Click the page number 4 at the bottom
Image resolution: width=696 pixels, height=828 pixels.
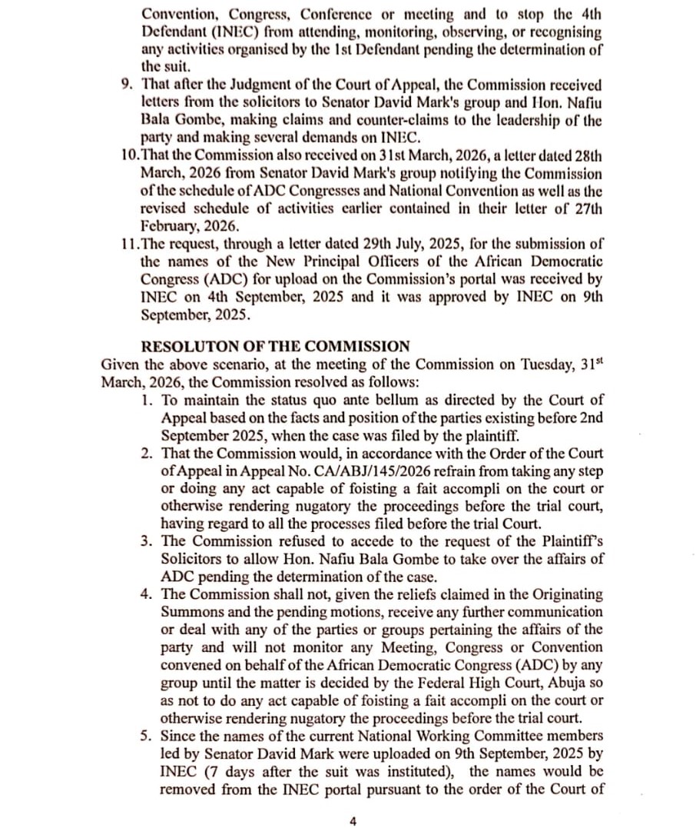pos(353,821)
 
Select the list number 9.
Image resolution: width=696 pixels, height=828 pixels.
pos(127,85)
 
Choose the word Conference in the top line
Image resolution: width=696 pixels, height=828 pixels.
pos(336,15)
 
